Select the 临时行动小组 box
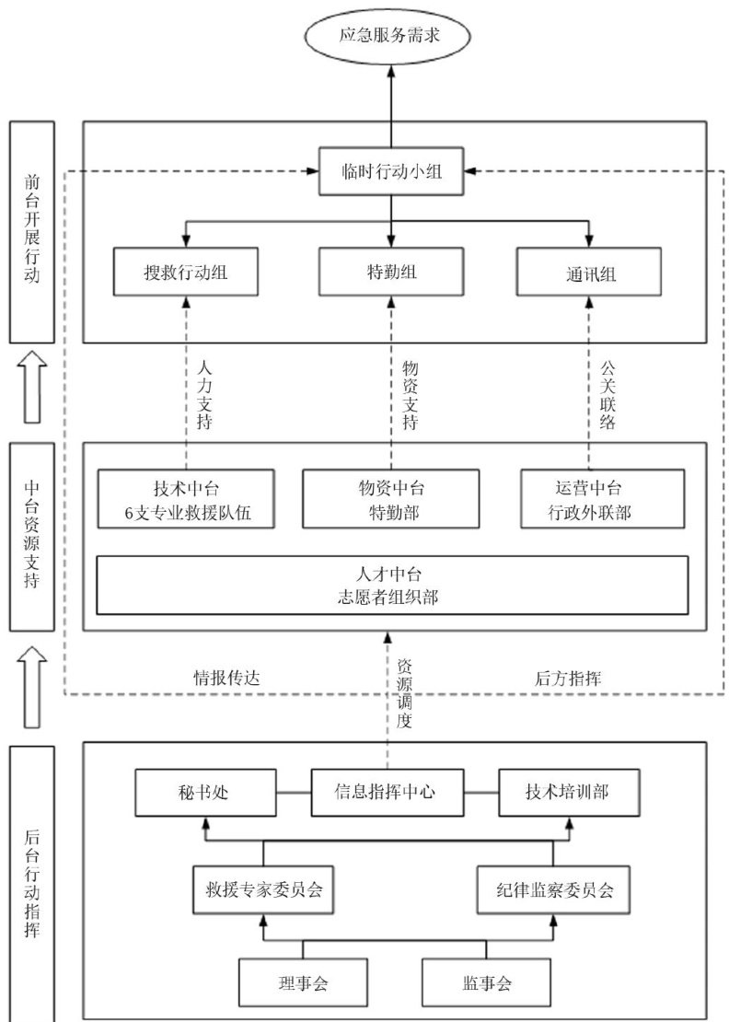[391, 170]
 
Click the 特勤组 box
[391, 272]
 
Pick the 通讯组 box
[590, 272]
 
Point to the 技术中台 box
[187, 500]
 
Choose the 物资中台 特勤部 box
[391, 500]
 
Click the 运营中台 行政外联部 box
[602, 500]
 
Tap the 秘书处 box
[204, 792]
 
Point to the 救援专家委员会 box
[262, 890]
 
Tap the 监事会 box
[487, 983]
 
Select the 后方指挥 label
[569, 679]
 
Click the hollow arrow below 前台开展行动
[32, 387]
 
